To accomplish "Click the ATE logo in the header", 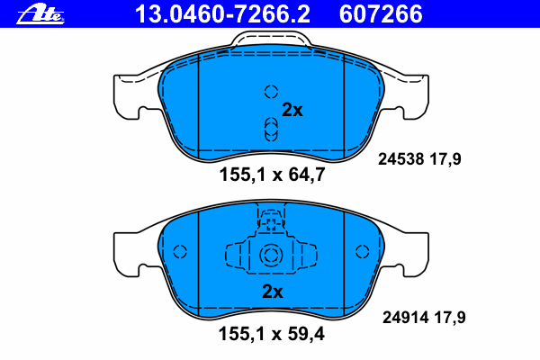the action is (x=40, y=13).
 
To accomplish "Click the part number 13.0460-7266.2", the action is (x=222, y=14).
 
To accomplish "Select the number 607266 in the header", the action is (x=381, y=14).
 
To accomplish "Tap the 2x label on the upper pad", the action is (x=292, y=110).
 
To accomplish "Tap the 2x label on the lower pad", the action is (x=273, y=292).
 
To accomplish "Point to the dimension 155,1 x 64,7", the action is (x=272, y=175).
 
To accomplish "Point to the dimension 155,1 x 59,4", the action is (x=272, y=334).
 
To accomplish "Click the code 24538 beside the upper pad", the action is (x=400, y=159).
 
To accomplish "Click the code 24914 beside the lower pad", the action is (x=405, y=318).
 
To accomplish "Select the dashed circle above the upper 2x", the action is (x=272, y=92).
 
